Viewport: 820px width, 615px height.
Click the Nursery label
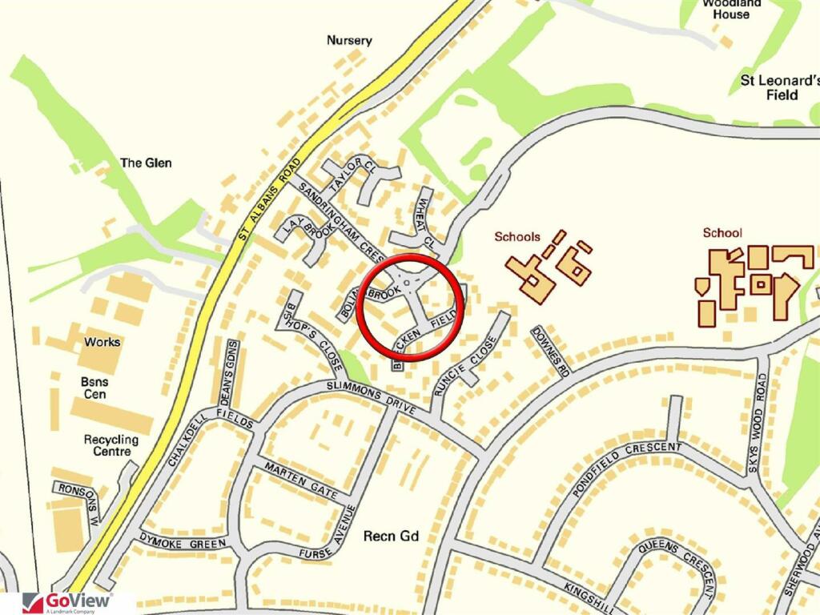click(x=350, y=40)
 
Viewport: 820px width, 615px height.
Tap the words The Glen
click(x=146, y=163)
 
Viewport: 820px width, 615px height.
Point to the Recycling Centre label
click(x=111, y=445)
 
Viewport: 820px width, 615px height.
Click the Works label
click(x=102, y=342)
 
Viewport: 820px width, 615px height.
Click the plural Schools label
click(x=517, y=236)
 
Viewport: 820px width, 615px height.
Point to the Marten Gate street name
click(x=301, y=481)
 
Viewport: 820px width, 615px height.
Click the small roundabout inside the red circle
click(x=408, y=283)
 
